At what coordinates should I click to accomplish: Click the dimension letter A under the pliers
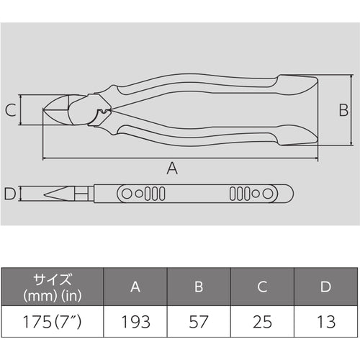[x=172, y=168]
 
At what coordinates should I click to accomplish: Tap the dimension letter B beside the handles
[x=343, y=110]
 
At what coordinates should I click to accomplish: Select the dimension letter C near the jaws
[x=10, y=110]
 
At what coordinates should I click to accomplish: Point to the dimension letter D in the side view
[x=9, y=194]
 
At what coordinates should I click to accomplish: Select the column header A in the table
[x=135, y=287]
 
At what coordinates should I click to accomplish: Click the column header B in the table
[x=199, y=287]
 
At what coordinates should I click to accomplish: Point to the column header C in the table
[x=262, y=287]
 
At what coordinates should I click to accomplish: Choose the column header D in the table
[x=325, y=287]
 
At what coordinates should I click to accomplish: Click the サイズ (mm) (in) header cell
[x=53, y=287]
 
